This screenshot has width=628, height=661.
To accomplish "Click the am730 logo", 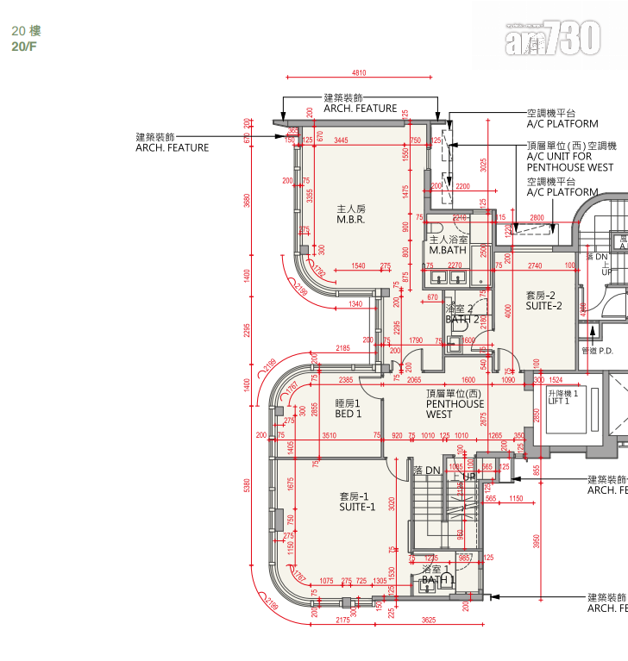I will [552, 39].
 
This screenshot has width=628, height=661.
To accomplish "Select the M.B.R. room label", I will [351, 215].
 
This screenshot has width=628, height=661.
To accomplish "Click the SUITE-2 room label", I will [543, 300].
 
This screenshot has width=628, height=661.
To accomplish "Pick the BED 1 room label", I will [348, 408].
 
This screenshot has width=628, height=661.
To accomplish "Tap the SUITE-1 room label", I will [356, 502].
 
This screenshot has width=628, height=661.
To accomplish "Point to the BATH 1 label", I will [437, 576].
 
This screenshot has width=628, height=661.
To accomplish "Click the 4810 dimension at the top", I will [359, 73].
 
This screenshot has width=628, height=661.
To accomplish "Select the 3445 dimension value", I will [342, 140].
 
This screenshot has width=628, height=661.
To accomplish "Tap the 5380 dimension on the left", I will [248, 487].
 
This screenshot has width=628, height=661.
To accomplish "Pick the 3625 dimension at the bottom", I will [429, 619].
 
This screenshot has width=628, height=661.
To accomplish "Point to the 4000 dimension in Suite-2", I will [509, 310].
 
